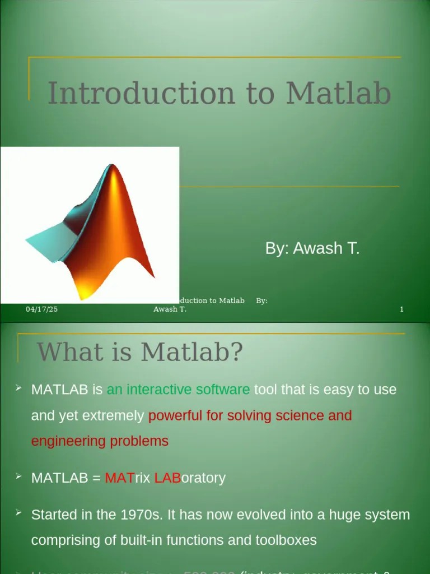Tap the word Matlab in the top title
338,93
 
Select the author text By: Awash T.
312,248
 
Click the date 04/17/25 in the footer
41,309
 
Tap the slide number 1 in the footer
401,309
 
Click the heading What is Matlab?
140,352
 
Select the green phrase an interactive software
178,390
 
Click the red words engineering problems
100,441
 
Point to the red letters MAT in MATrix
119,478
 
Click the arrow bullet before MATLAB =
18,476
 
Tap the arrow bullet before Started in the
18,513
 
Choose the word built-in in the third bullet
142,540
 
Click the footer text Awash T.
170,309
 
